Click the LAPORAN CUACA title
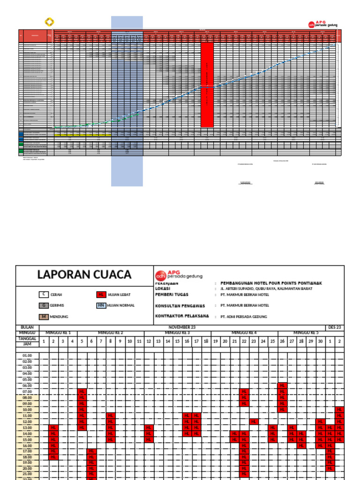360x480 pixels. click(85, 275)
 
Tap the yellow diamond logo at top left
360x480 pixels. click(49, 22)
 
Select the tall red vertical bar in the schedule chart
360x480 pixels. click(207, 85)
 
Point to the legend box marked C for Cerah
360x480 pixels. click(44, 294)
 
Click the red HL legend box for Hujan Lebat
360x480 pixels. click(100, 294)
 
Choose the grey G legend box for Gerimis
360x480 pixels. click(44, 306)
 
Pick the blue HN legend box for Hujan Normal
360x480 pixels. click(100, 306)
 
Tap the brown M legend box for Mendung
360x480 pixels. click(44, 317)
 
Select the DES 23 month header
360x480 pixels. click(335, 327)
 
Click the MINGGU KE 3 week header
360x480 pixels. click(177, 333)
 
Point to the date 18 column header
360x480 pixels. click(206, 341)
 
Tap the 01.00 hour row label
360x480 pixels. click(27, 356)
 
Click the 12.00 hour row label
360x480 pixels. click(27, 421)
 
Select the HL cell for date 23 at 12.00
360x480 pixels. click(254, 421)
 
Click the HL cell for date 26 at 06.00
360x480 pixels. click(283, 385)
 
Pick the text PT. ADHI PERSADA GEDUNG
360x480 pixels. click(244, 317)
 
